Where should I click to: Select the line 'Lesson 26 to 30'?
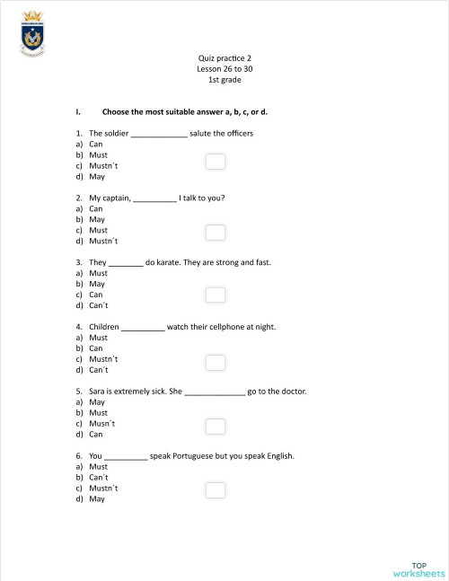point(224,69)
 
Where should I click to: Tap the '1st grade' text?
point(224,80)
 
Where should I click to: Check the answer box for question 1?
point(216,162)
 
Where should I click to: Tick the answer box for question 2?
point(216,233)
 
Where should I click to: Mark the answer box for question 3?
point(216,295)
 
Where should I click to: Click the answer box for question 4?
point(216,362)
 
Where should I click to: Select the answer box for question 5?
point(216,426)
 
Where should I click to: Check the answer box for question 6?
point(216,490)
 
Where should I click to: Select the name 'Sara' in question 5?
point(97,392)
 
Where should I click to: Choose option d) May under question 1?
point(97,176)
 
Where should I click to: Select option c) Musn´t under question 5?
point(101,423)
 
